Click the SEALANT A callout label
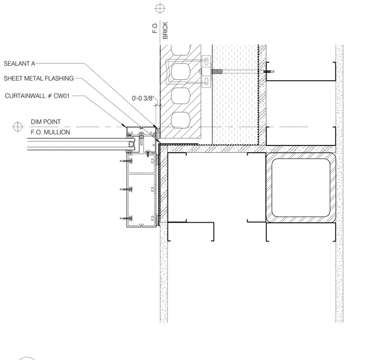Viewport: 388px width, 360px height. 19,64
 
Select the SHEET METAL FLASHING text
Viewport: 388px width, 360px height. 39,79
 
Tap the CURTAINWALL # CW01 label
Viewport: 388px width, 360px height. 37,96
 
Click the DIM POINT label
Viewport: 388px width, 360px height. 46,122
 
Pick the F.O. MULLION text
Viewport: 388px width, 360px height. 51,132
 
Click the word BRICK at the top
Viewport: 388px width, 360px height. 165,30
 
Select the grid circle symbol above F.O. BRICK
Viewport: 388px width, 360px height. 160,8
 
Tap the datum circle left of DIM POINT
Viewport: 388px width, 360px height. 17,127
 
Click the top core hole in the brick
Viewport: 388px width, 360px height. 181,71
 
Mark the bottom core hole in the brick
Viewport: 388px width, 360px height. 181,120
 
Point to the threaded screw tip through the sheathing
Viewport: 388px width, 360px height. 269,72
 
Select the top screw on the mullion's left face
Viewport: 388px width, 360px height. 127,161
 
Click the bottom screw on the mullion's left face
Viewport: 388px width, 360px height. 127,219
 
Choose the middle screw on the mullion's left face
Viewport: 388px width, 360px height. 127,189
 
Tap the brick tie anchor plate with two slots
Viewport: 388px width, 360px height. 206,71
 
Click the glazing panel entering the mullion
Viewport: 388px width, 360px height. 79,144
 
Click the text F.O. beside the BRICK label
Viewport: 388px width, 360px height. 155,28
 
